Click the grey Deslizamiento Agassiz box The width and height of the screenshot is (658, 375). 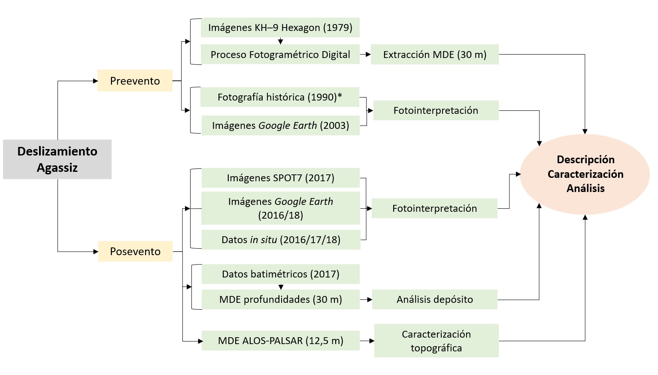tap(57, 159)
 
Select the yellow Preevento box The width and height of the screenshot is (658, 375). tap(135, 81)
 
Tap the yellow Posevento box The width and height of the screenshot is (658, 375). tap(135, 251)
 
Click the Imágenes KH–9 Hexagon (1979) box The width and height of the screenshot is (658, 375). tap(280, 27)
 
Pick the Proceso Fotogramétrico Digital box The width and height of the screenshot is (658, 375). tap(280, 55)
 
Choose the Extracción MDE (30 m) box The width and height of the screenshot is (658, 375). tap(434, 55)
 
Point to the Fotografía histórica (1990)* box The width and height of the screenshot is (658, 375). tap(279, 97)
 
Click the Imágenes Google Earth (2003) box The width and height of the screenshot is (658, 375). tap(280, 125)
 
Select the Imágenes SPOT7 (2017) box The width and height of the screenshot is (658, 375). tap(280, 178)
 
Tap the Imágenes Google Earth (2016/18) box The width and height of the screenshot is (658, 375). tap(280, 208)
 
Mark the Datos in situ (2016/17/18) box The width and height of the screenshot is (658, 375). tap(281, 240)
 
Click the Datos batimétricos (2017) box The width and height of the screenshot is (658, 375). tap(280, 274)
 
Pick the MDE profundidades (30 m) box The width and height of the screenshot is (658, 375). tap(280, 299)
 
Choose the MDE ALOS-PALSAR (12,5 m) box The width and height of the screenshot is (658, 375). tap(280, 341)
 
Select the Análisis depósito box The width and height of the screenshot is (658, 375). tap(434, 299)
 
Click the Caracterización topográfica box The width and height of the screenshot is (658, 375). tap(436, 341)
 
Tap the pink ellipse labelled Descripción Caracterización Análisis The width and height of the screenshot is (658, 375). tap(585, 174)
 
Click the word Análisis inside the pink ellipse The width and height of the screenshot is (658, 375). tap(585, 188)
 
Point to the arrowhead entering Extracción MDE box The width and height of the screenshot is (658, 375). tap(368, 55)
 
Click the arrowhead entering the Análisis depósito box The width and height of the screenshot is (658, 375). tap(370, 299)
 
